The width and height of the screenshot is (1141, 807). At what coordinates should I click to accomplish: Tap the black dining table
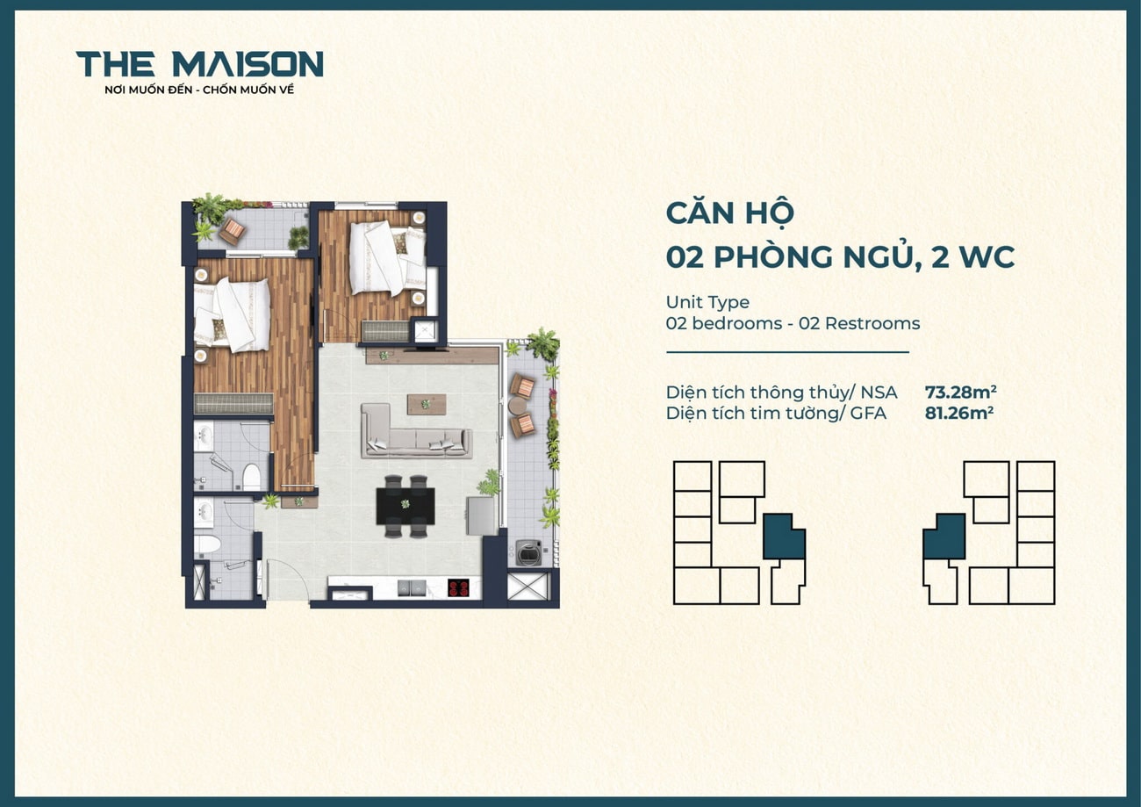coord(405,505)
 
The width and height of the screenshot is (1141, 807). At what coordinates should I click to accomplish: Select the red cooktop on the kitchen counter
coord(458,587)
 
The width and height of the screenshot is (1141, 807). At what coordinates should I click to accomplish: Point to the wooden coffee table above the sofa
coord(427,403)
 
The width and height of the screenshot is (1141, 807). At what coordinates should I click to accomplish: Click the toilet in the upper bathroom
coord(252,477)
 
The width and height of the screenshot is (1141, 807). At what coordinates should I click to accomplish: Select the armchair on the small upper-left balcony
coord(232,231)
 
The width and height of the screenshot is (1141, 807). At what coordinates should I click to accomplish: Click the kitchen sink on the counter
coord(410,587)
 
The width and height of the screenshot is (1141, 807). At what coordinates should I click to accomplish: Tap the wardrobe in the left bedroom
coord(233,403)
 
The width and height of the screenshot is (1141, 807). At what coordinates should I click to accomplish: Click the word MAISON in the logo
coord(248,64)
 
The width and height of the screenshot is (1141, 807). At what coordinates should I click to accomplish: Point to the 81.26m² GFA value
coord(958,412)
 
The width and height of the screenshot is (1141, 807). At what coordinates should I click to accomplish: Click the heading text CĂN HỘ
coord(729,213)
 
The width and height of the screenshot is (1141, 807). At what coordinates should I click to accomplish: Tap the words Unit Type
coord(707,302)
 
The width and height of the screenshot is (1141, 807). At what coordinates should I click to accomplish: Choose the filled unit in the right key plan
coord(945,536)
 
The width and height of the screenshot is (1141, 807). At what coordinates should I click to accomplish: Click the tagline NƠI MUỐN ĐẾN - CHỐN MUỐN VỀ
coord(199,90)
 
